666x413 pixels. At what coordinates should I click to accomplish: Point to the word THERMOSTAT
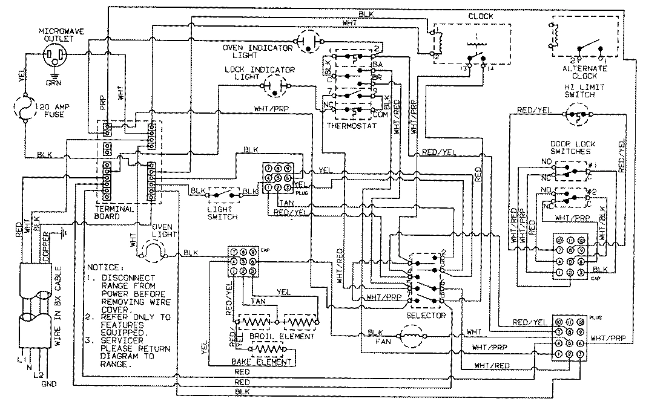coord(351,126)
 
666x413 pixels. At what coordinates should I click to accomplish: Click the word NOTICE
coord(104,267)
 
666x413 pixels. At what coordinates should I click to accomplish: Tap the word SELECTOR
coord(427,316)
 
